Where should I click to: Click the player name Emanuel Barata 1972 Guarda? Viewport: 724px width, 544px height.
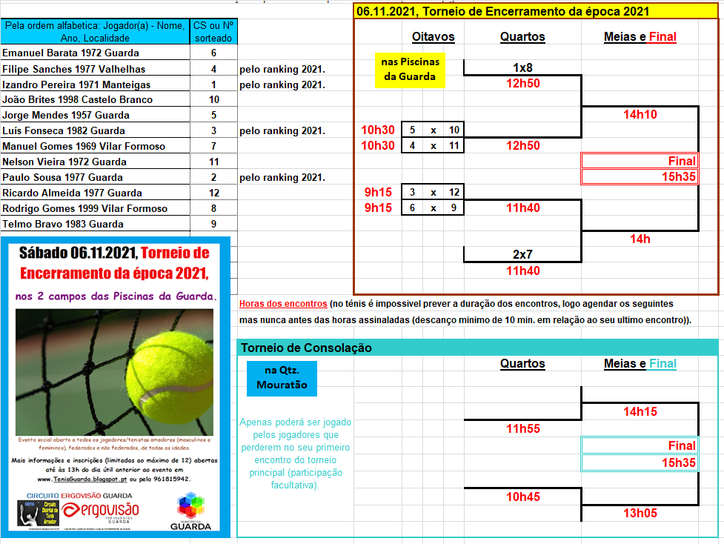point(70,53)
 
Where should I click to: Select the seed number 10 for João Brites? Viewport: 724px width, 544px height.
point(213,99)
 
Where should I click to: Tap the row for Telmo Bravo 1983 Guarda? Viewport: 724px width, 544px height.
point(63,224)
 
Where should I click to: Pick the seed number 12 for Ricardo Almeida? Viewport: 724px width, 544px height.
point(213,193)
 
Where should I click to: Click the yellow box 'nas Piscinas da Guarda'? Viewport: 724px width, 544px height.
point(410,69)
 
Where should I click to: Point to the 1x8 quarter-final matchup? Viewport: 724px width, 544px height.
point(522,67)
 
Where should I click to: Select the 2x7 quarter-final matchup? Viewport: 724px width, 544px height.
point(522,254)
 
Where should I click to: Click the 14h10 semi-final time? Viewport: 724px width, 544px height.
point(640,114)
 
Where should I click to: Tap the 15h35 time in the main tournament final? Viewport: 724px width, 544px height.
point(678,176)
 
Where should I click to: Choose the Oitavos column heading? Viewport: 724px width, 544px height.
point(433,36)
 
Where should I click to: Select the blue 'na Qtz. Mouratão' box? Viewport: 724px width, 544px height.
point(281,377)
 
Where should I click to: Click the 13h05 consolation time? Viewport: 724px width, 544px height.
point(640,513)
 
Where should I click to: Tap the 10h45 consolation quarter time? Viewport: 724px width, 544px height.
point(522,497)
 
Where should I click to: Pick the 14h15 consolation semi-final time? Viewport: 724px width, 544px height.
point(640,411)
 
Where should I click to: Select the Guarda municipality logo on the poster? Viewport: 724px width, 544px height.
point(190,512)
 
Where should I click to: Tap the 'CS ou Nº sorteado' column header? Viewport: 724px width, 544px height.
point(213,31)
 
